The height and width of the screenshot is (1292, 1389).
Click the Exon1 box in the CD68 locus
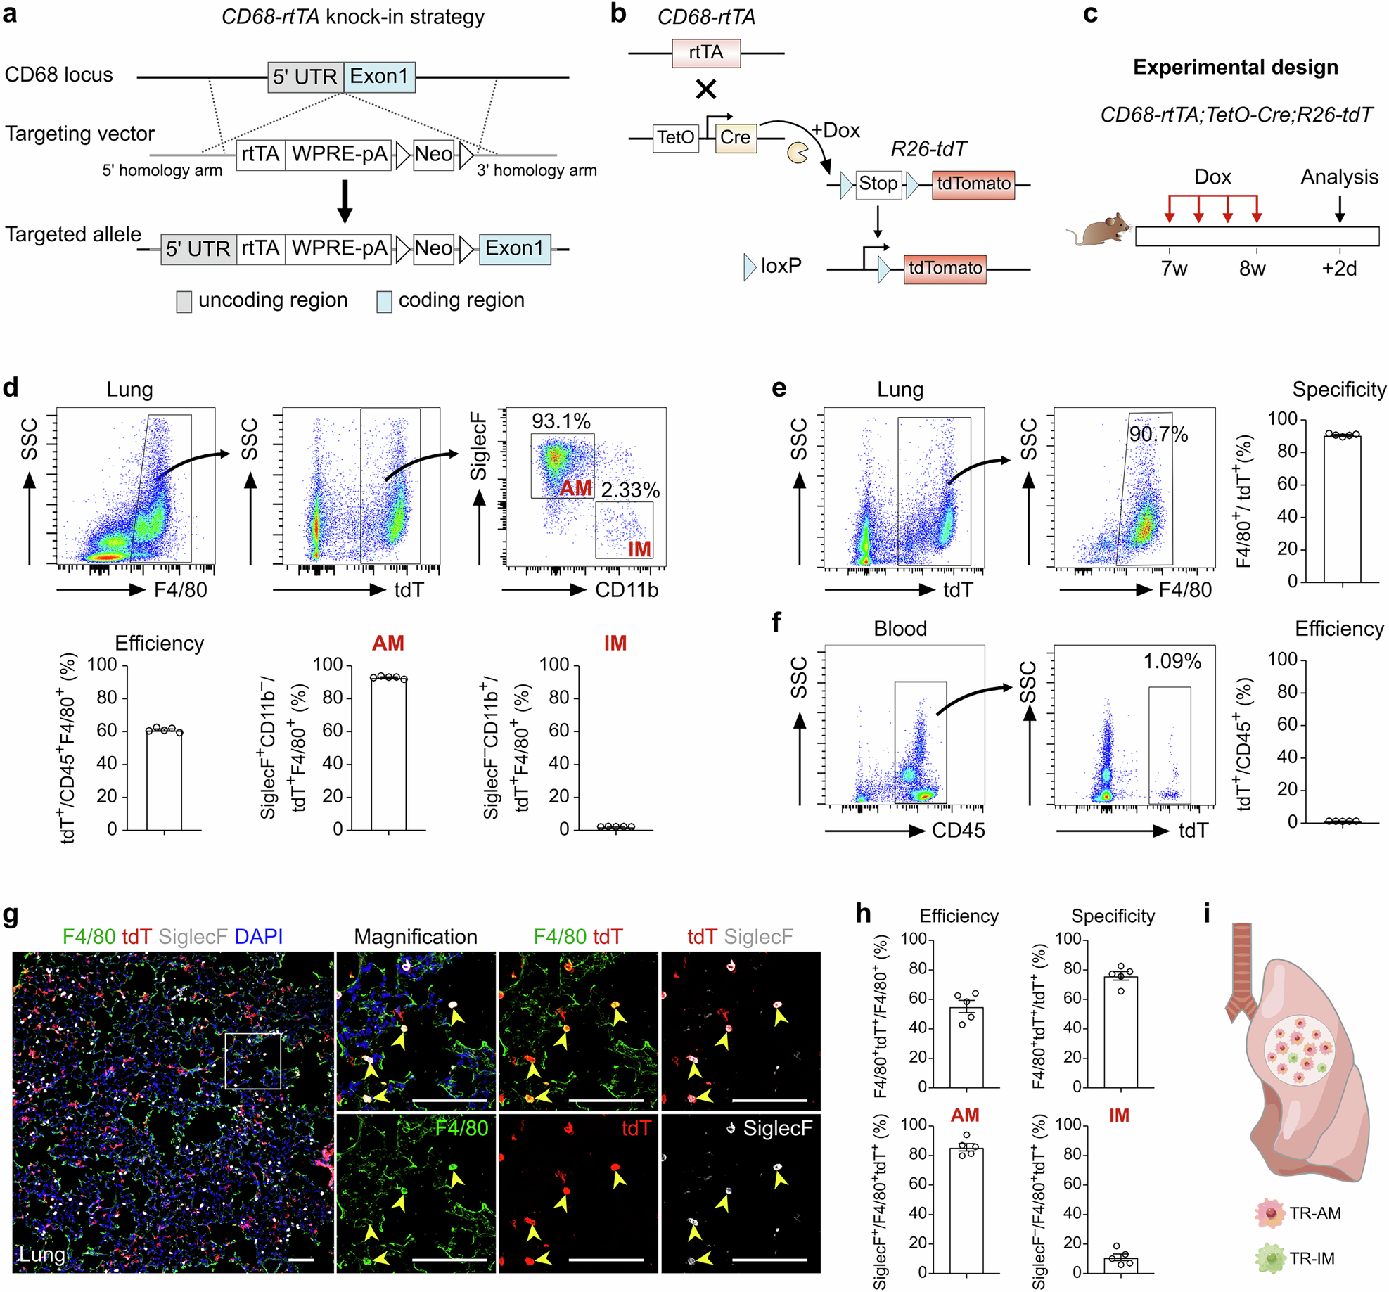click(x=379, y=77)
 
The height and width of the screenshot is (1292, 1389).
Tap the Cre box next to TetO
click(x=736, y=137)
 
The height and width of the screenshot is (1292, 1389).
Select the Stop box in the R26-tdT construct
click(x=878, y=184)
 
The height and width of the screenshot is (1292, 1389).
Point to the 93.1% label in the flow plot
click(x=561, y=421)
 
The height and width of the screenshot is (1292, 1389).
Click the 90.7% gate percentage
click(x=1158, y=434)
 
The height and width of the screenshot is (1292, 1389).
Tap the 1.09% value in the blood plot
click(x=1172, y=661)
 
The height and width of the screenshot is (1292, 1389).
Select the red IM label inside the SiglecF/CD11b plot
click(x=639, y=549)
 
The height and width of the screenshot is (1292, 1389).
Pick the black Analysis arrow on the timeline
click(x=1339, y=209)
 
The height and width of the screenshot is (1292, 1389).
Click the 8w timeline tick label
click(x=1252, y=269)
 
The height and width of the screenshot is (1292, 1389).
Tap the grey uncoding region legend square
click(x=184, y=302)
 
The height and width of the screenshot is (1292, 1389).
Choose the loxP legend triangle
click(x=750, y=267)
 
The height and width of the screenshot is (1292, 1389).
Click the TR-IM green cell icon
click(x=1270, y=1258)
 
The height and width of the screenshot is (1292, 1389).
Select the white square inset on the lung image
click(x=252, y=1061)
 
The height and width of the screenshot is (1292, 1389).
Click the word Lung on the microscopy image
click(x=42, y=1255)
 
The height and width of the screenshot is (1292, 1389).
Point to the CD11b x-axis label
click(x=626, y=590)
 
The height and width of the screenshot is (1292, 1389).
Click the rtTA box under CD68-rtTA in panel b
click(x=705, y=53)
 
